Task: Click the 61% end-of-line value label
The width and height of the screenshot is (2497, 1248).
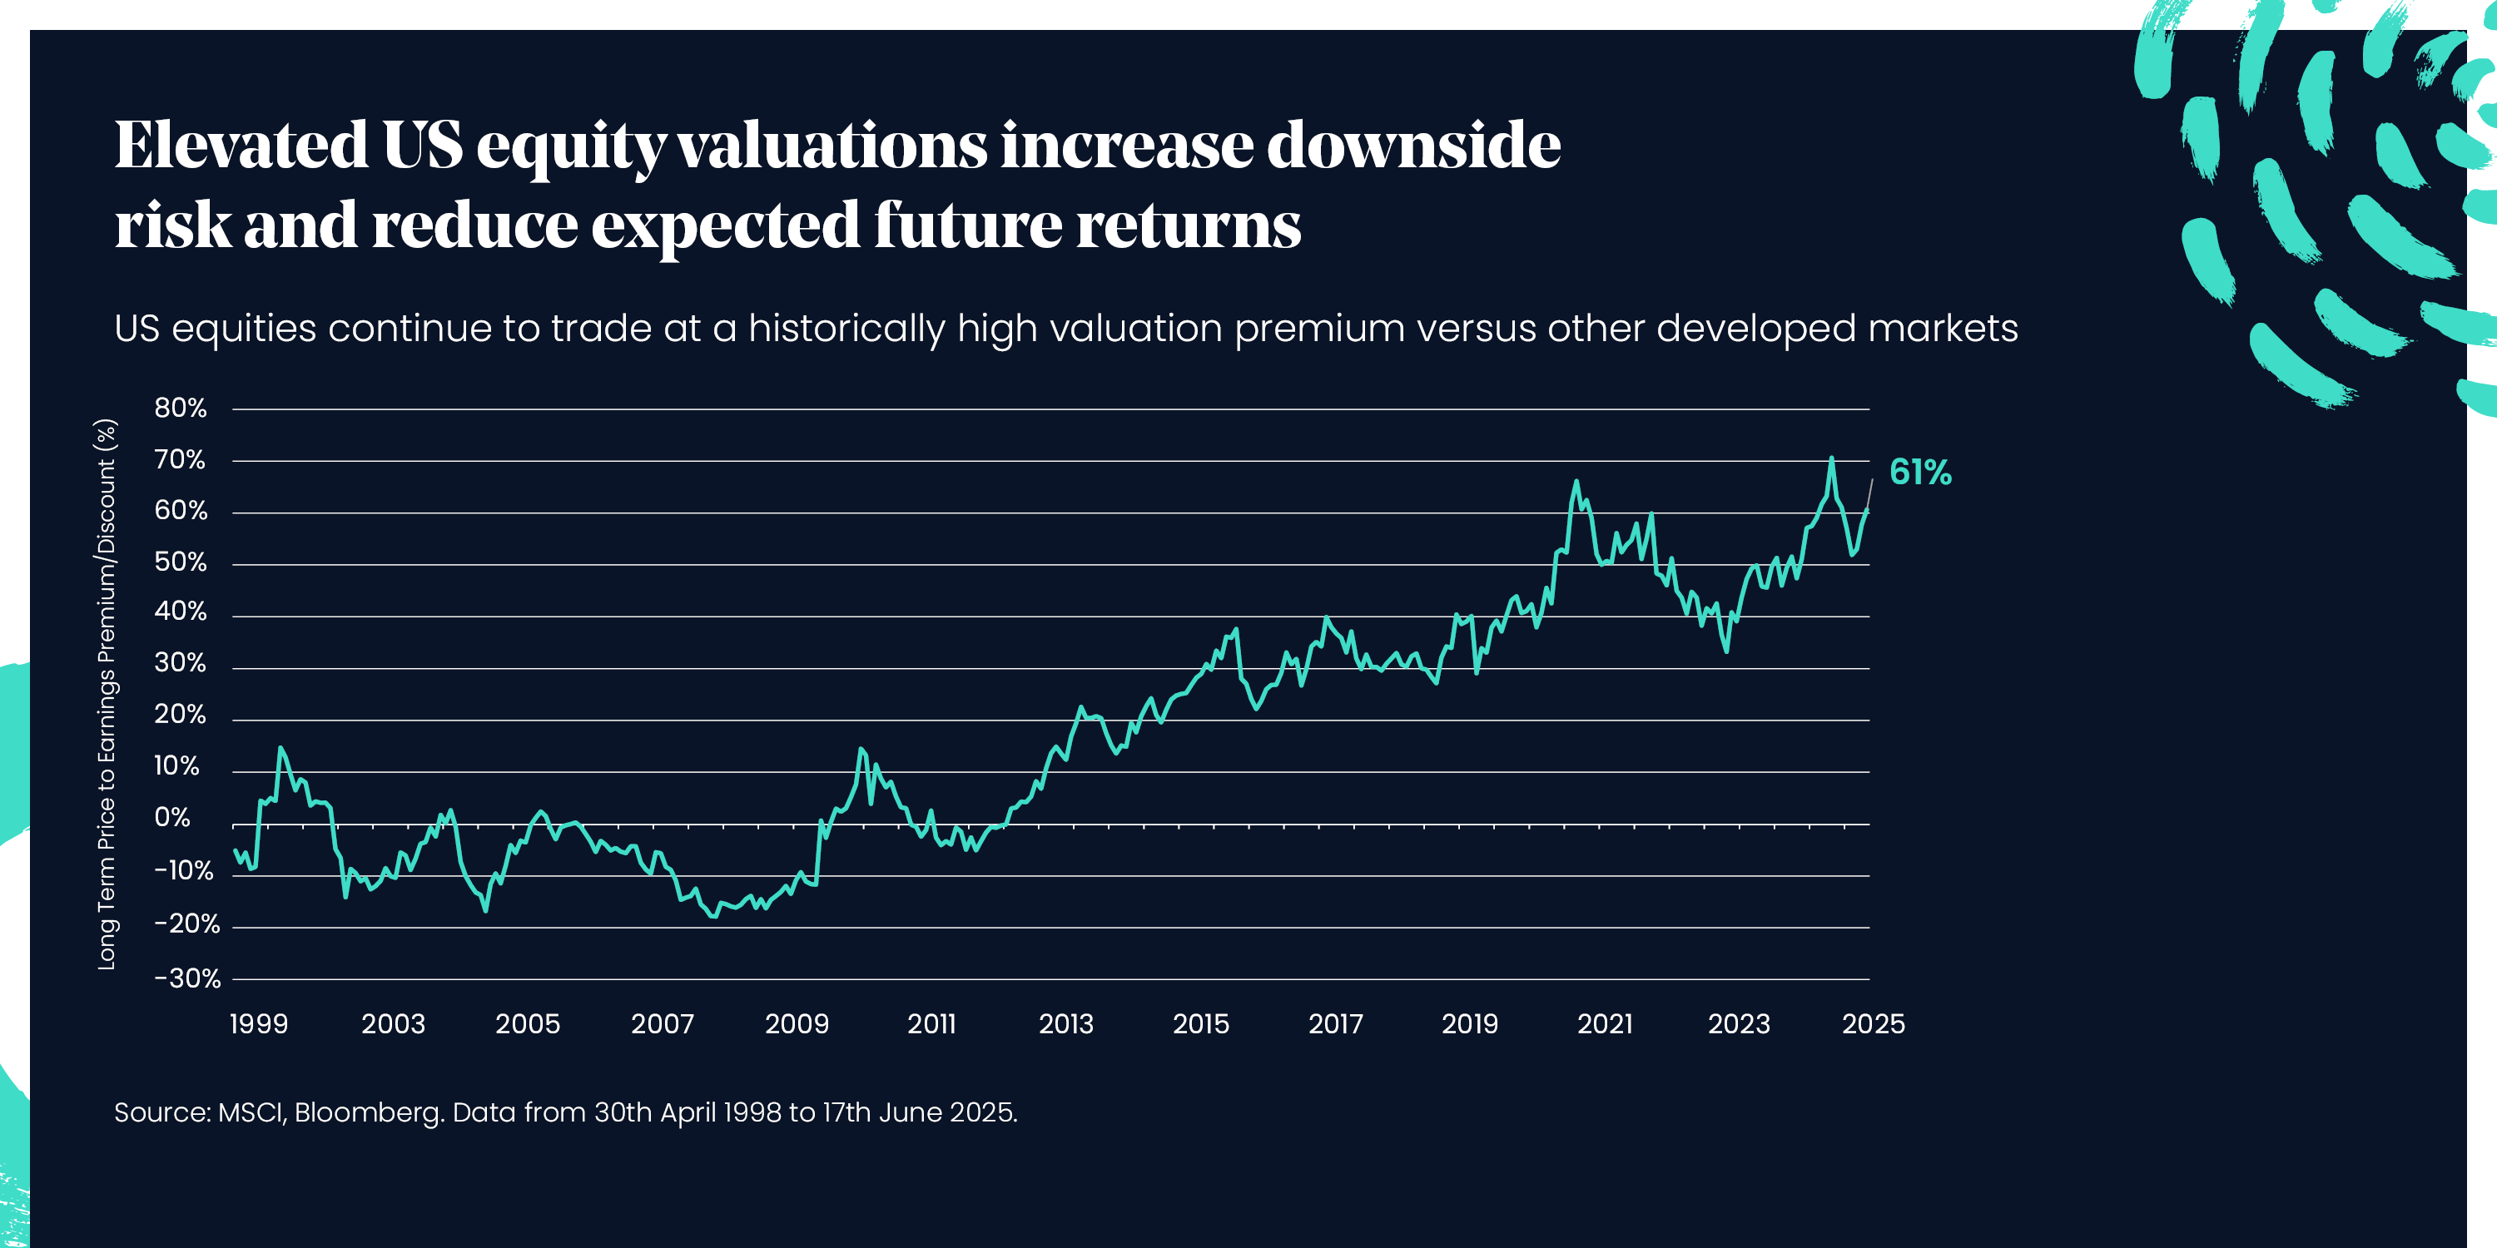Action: coord(1919,472)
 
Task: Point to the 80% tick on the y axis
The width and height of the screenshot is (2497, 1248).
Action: coord(181,408)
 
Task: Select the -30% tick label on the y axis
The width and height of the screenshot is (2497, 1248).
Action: coord(187,978)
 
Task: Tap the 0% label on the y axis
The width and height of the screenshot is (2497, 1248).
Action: coord(172,818)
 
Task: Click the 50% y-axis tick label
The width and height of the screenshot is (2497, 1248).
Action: coord(181,562)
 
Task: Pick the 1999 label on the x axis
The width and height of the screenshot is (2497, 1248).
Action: coord(259,1023)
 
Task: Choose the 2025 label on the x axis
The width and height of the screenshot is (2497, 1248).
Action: coord(1873,1023)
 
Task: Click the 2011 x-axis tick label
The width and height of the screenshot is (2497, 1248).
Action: coord(931,1023)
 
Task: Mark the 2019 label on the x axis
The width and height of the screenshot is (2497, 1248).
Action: coord(1470,1023)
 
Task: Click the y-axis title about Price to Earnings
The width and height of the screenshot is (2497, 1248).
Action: coord(107,694)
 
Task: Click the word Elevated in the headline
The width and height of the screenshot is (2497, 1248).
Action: coord(241,146)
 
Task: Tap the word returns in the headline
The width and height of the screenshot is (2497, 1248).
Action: coord(1189,225)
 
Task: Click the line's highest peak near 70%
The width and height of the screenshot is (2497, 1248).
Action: coord(1831,458)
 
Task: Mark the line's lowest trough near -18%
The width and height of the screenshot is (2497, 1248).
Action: coord(714,916)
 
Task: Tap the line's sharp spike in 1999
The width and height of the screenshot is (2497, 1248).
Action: coord(280,748)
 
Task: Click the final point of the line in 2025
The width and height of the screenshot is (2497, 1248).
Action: coord(1867,510)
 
